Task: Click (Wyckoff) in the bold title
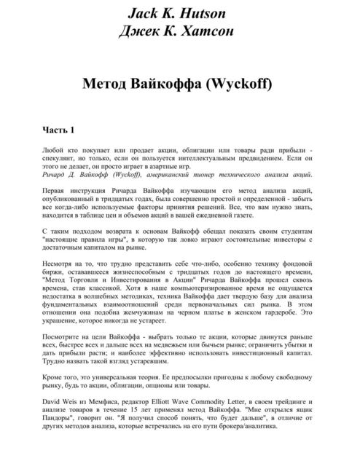(x=238, y=84)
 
